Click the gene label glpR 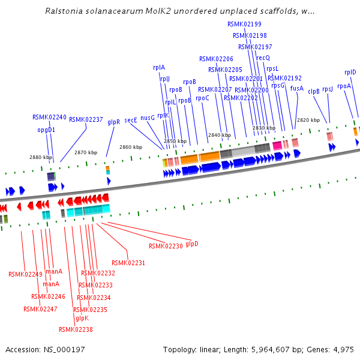[114, 121]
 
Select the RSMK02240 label [49, 117]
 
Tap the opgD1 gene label [46, 130]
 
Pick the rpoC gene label [202, 97]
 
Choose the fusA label [297, 88]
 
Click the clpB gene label [314, 91]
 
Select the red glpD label [192, 243]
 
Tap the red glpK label [82, 318]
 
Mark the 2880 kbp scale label [41, 157]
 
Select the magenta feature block [277, 145]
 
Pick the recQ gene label [263, 58]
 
